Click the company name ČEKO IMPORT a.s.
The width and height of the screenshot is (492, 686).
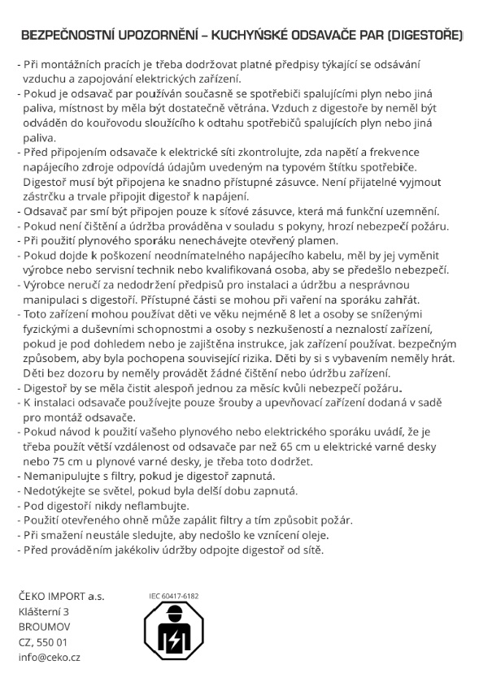61,596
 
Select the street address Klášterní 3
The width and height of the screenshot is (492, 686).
43,611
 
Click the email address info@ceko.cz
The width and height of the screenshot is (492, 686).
49,658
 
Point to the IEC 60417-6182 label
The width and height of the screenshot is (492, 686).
173,596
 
